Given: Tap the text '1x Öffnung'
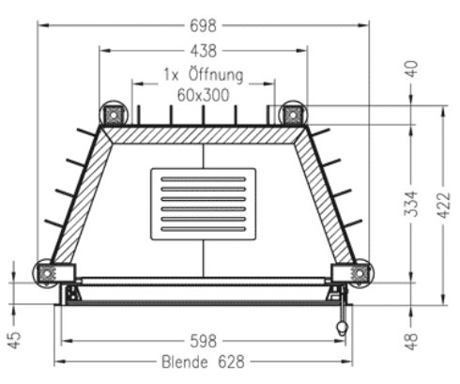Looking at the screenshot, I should click(x=203, y=74).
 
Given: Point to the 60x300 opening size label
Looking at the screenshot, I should click(x=203, y=94).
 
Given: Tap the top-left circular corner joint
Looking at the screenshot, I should click(x=114, y=114).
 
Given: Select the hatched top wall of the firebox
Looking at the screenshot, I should click(x=203, y=134).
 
